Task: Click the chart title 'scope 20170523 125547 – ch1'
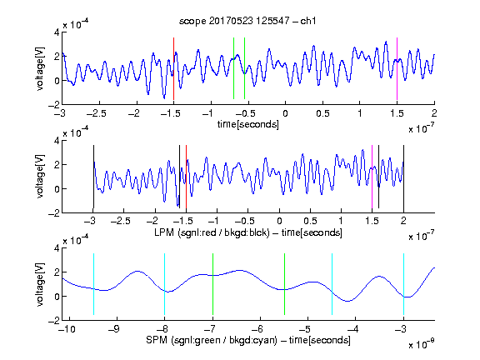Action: tap(247, 21)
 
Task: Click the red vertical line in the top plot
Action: tap(173, 68)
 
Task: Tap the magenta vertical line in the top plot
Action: tap(397, 68)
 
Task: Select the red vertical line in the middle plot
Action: tap(186, 177)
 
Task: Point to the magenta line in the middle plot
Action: tap(372, 177)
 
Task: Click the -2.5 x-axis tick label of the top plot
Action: tap(97, 113)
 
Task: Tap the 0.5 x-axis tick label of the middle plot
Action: tap(310, 221)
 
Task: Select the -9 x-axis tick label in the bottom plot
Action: tap(114, 329)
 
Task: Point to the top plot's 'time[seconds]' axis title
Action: tap(248, 124)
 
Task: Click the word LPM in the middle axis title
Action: tap(164, 232)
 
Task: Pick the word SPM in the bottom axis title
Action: tap(157, 340)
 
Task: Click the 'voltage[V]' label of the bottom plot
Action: tap(40, 284)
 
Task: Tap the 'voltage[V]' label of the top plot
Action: tap(40, 68)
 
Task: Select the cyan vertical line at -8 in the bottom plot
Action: tap(165, 284)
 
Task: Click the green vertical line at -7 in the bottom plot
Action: tap(212, 284)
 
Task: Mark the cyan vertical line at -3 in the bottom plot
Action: tap(404, 284)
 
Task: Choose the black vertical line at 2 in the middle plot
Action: tap(404, 177)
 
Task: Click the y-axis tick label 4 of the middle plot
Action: tap(57, 141)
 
